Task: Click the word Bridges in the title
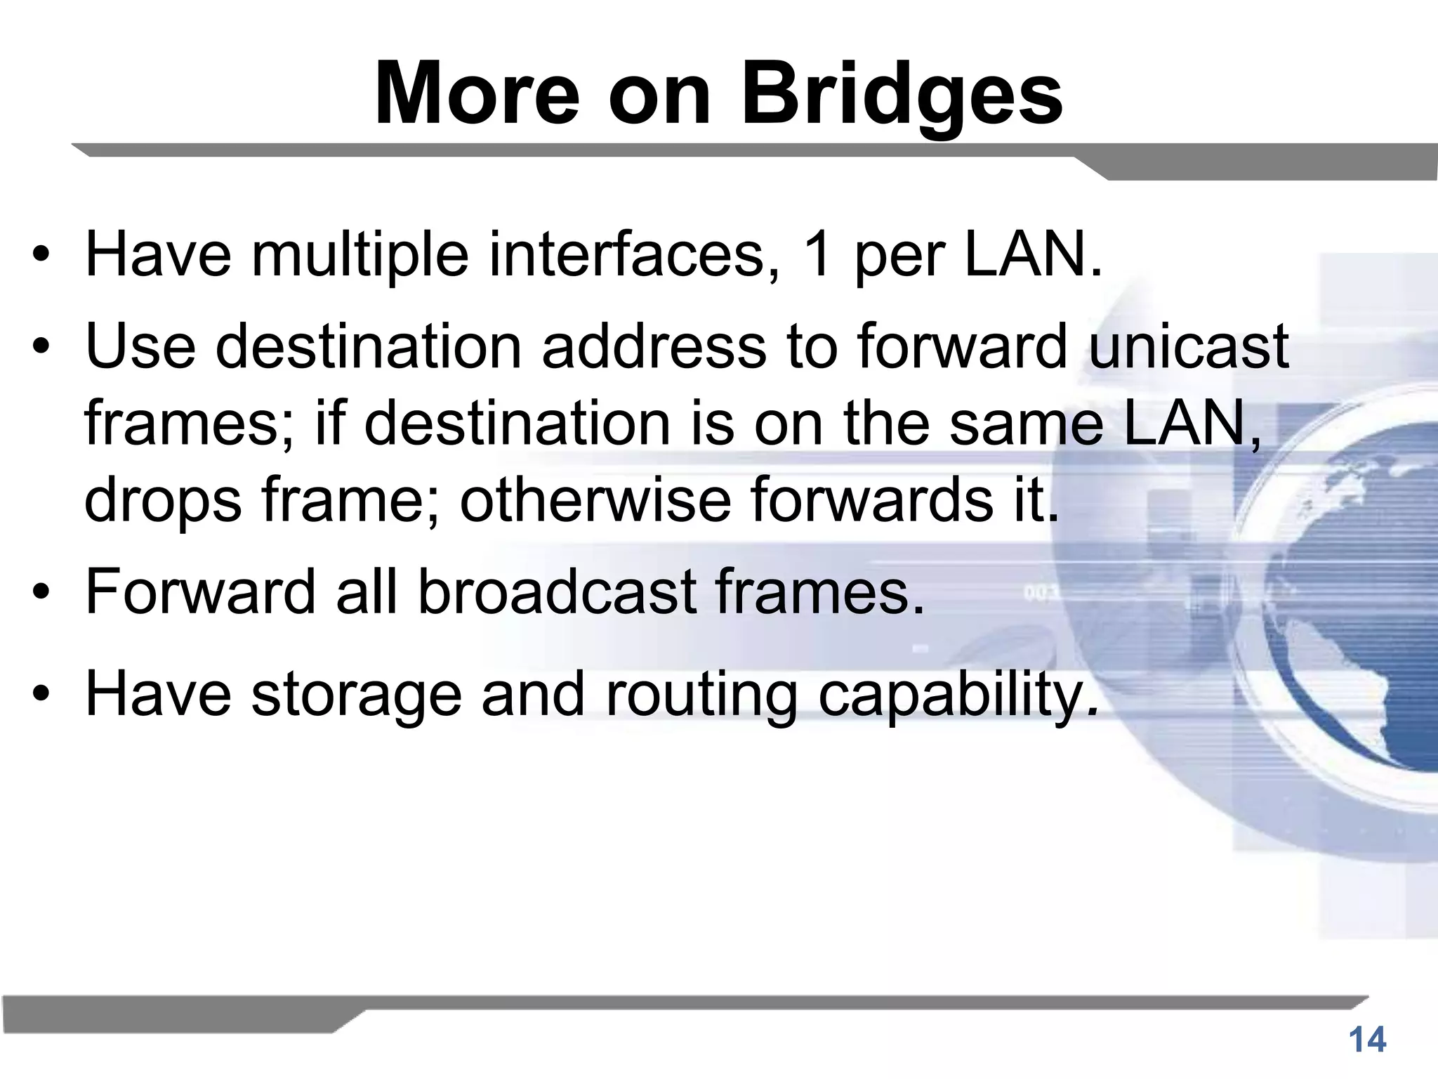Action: [x=902, y=95]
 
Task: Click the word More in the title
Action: [x=477, y=95]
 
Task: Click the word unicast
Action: [x=1189, y=346]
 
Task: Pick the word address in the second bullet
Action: [x=654, y=346]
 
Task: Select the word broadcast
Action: [x=558, y=591]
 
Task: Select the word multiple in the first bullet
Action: [x=360, y=254]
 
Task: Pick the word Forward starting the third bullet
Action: [x=201, y=591]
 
